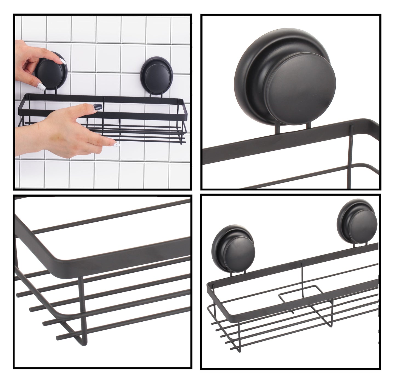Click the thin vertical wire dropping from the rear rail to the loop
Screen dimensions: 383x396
(302, 277)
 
